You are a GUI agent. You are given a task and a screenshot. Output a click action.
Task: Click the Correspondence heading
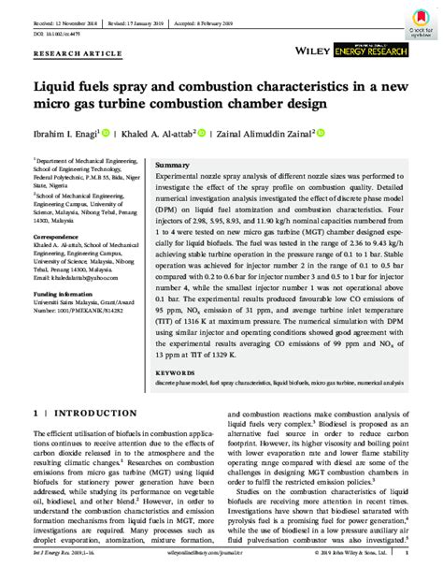(60, 238)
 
